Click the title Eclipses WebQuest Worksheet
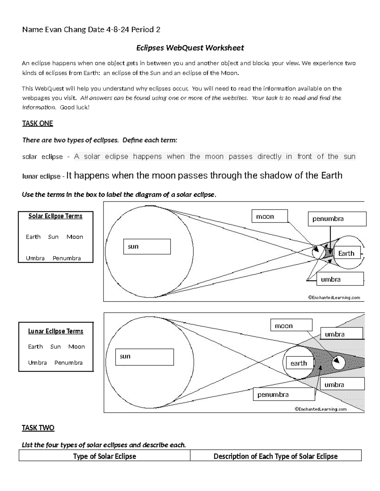click(x=190, y=48)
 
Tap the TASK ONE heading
click(x=37, y=123)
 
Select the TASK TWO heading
click(x=38, y=428)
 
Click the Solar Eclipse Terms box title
click(x=55, y=216)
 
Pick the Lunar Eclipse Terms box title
click(x=56, y=331)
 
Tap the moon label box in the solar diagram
click(x=269, y=217)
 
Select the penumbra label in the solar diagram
click(x=337, y=219)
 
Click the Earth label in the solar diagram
click(x=347, y=254)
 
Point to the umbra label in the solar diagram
click(x=340, y=279)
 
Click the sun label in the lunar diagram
click(x=144, y=357)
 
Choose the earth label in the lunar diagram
click(x=299, y=364)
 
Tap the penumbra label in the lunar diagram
click(x=284, y=395)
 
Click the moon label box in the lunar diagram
click(x=291, y=326)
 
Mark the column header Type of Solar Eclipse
click(x=104, y=456)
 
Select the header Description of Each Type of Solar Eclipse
click(x=275, y=456)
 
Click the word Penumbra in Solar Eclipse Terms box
click(x=66, y=258)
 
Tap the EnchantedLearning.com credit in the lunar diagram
click(x=320, y=409)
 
